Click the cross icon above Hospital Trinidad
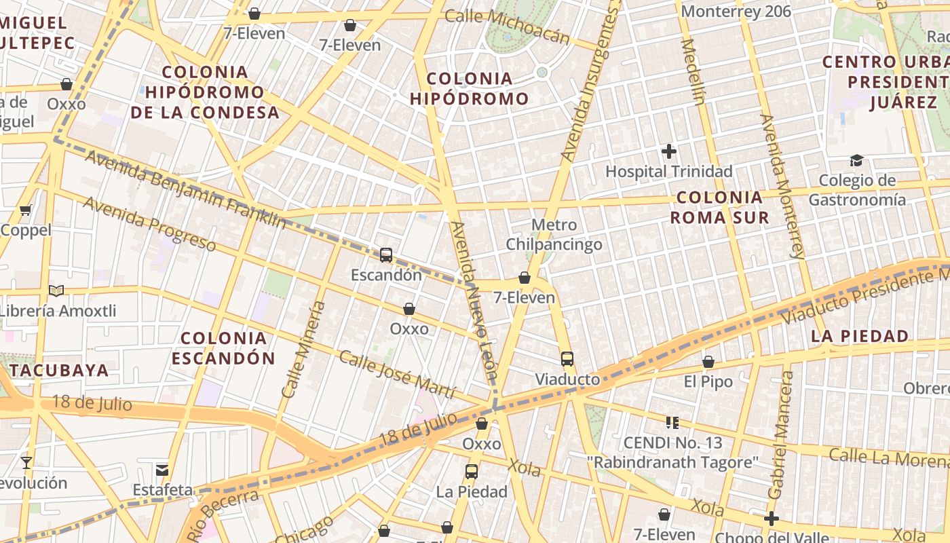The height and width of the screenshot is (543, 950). coord(669,151)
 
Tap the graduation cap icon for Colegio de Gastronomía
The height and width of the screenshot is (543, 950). coord(856,160)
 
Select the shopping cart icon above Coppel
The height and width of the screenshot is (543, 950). coord(26,210)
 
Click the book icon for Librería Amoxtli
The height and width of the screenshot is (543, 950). coord(56,291)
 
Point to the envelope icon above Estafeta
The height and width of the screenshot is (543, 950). coord(162,470)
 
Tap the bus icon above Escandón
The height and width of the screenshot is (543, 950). coord(386,255)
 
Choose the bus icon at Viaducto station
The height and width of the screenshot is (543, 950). coord(567,359)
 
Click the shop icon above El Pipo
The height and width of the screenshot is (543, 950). coord(708,362)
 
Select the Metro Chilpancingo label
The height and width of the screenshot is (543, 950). coord(554,235)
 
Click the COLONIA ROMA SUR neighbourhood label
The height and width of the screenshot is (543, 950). coord(719,208)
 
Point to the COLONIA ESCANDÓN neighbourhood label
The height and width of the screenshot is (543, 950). coord(223,348)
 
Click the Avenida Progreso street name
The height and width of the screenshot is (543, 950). coord(149,224)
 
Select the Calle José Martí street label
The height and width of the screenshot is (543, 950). coord(397,375)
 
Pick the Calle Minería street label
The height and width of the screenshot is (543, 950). coord(303,350)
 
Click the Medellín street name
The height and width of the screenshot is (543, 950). coord(694,71)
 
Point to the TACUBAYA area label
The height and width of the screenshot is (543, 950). coord(60,370)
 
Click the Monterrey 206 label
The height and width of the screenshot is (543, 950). coord(736,11)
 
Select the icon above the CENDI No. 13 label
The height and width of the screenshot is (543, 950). coord(672,423)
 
